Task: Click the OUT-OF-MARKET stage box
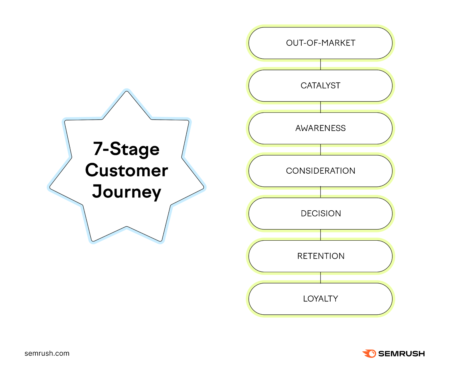tap(320, 43)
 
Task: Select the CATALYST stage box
tap(320, 86)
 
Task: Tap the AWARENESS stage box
tap(320, 128)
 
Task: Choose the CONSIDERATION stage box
tap(320, 171)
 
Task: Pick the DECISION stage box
tap(320, 213)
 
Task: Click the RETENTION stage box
tap(320, 256)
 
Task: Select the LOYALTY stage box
tap(320, 299)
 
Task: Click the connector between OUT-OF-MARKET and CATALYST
tap(320, 65)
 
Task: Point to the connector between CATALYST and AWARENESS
tap(320, 107)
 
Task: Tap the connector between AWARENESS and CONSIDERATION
tap(320, 150)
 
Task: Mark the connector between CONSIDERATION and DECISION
tap(320, 192)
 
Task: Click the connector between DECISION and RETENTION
tap(320, 235)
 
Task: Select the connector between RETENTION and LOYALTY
tap(320, 278)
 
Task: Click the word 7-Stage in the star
tap(126, 149)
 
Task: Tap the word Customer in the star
tap(127, 170)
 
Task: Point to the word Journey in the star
tap(127, 192)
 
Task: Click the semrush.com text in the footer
tap(47, 353)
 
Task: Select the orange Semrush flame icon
tap(369, 353)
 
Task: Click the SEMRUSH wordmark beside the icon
tap(401, 354)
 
